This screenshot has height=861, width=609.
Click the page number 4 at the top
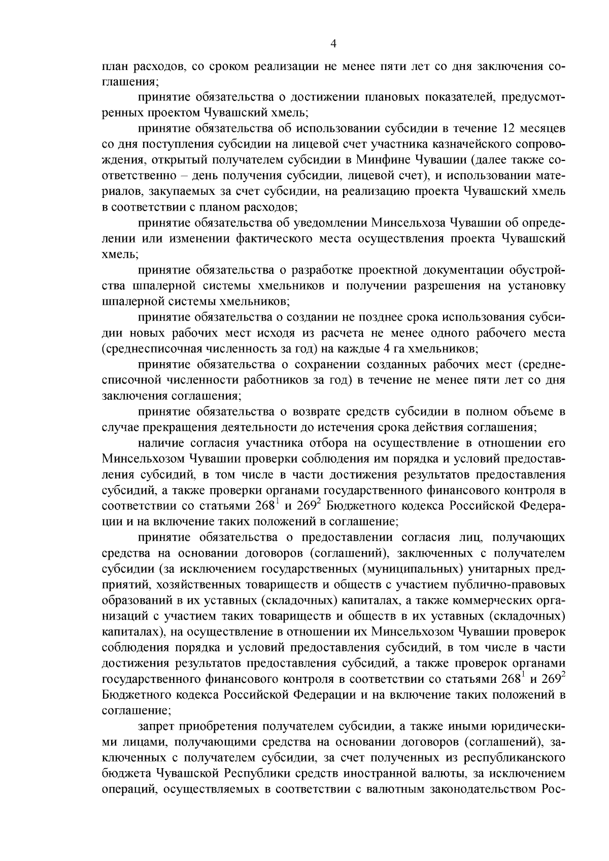[x=333, y=44]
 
